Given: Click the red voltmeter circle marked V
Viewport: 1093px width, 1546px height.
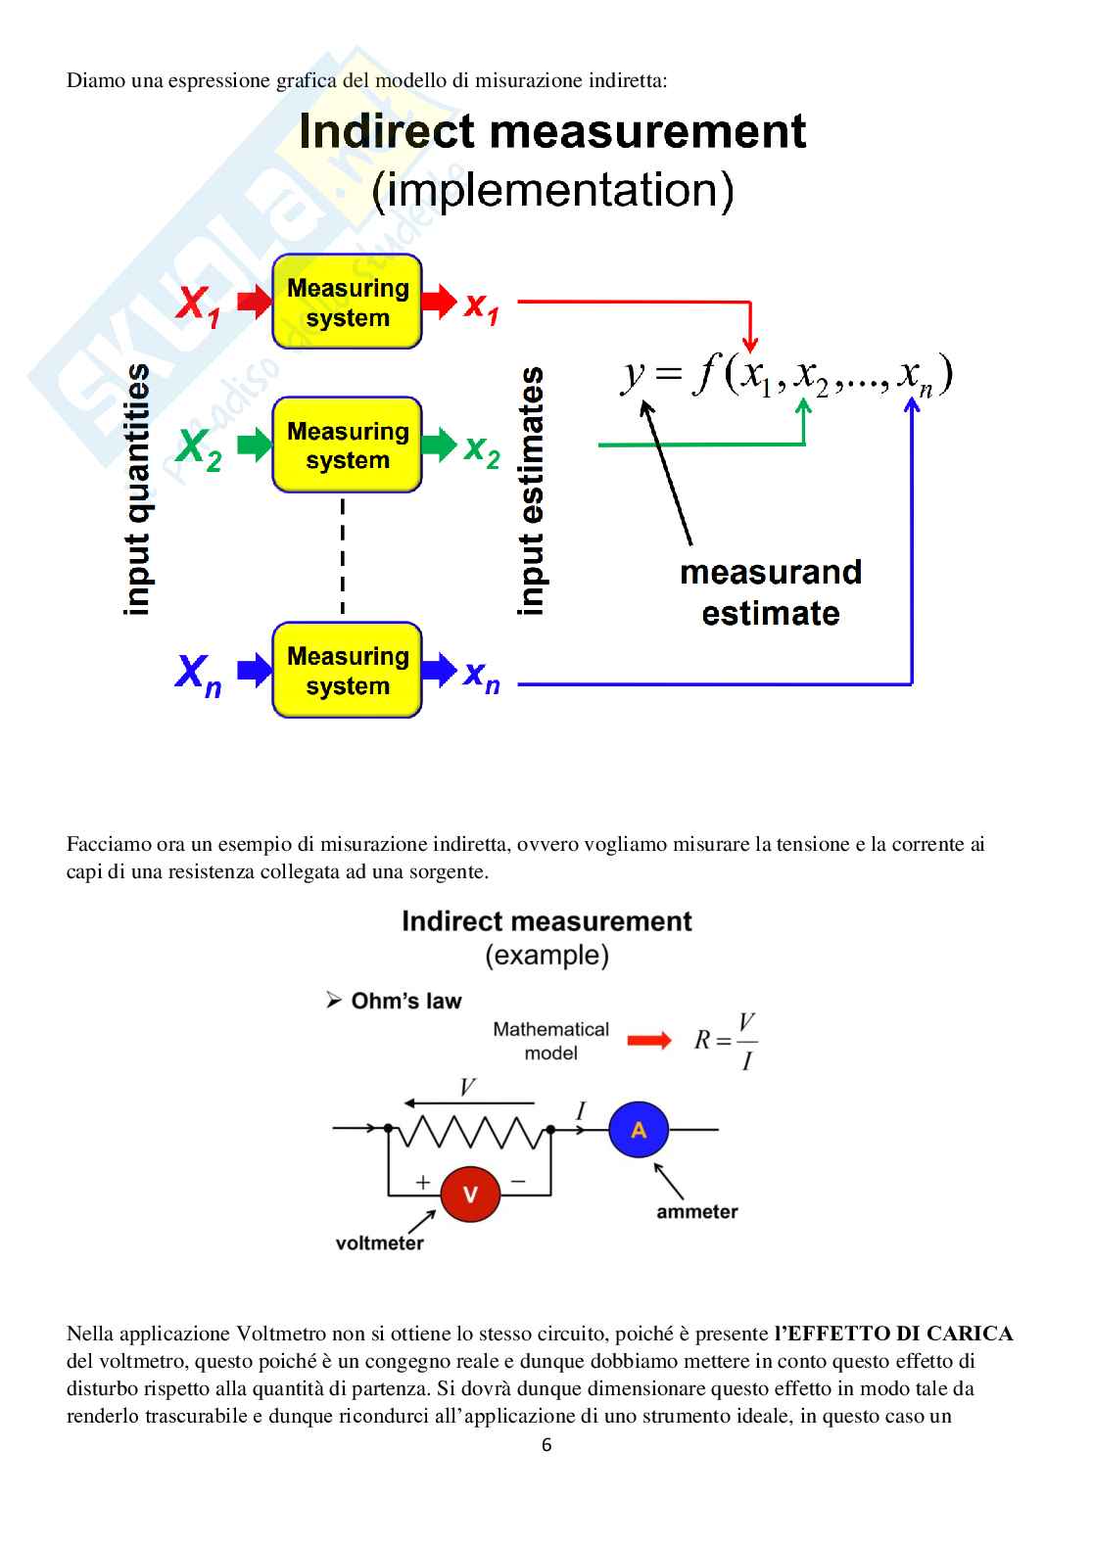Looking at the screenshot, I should tap(469, 1194).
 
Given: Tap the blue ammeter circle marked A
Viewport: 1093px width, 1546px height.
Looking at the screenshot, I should tap(639, 1130).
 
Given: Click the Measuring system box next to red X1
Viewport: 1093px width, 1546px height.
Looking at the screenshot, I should tap(347, 303).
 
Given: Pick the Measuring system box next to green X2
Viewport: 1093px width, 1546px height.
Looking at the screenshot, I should tap(347, 445).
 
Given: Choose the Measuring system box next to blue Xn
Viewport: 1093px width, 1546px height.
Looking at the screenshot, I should tap(347, 671).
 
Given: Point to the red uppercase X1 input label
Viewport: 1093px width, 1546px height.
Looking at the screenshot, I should tap(199, 304).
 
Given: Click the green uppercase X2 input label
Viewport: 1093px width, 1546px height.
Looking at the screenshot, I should tap(199, 448).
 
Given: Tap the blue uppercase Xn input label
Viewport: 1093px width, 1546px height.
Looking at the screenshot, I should tap(199, 674).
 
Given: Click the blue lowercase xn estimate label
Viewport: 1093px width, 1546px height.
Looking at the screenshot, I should tap(482, 675).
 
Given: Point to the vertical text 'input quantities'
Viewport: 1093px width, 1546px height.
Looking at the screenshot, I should tap(137, 490).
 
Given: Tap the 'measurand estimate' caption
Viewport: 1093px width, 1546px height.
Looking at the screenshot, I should tap(771, 592).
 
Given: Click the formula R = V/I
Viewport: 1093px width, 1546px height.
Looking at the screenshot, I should tap(726, 1041).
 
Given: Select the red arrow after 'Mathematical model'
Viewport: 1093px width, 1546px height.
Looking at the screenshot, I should tap(648, 1041).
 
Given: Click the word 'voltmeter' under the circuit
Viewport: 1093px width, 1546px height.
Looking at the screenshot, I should tap(379, 1243).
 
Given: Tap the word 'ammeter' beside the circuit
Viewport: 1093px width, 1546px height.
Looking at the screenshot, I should tap(696, 1212).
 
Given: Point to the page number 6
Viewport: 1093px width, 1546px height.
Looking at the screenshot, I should tap(546, 1445).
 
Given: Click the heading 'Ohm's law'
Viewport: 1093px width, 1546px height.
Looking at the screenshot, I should tap(405, 1001).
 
